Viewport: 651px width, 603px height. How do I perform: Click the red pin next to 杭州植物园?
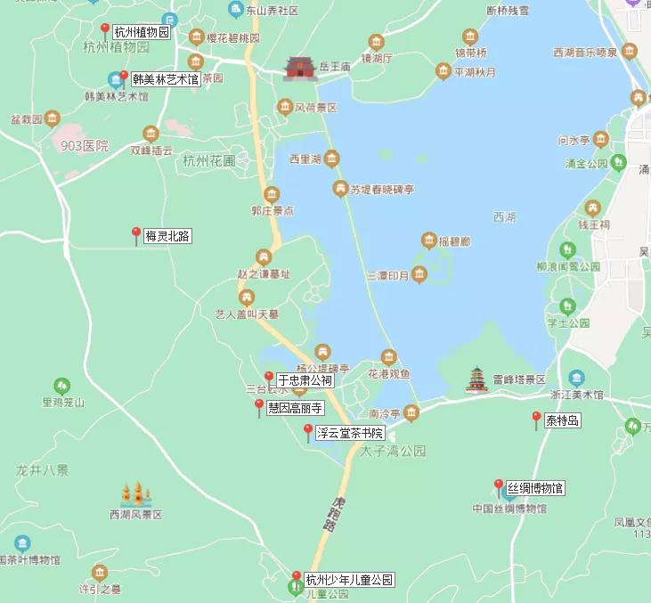click(x=105, y=31)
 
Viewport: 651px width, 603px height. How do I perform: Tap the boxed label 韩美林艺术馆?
click(x=166, y=79)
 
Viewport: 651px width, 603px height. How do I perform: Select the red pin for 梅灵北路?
click(x=136, y=235)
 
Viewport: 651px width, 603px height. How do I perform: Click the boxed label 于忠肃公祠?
click(x=305, y=380)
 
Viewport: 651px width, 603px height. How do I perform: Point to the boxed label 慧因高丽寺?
click(x=295, y=408)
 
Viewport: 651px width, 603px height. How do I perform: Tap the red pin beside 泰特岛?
click(x=536, y=420)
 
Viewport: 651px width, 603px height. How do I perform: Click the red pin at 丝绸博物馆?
click(x=499, y=487)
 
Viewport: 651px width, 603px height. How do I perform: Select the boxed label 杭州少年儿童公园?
click(x=349, y=580)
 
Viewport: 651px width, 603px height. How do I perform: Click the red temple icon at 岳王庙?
click(x=300, y=68)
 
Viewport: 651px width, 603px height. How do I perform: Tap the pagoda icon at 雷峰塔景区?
click(x=478, y=379)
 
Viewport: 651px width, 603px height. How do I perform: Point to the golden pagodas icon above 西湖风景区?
click(x=136, y=493)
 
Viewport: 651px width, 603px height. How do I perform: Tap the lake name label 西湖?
click(x=503, y=217)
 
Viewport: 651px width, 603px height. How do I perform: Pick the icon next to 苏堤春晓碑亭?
click(x=339, y=188)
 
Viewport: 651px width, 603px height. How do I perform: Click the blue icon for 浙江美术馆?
click(x=576, y=378)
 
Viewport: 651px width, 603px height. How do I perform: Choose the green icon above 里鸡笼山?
click(x=61, y=386)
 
